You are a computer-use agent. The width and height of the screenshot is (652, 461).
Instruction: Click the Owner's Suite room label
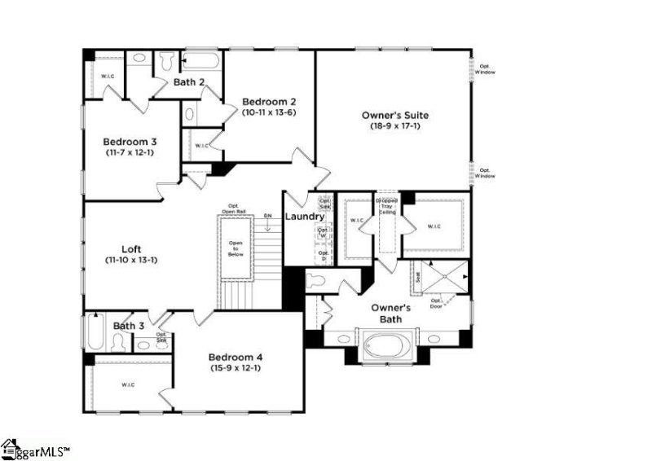pyautogui.click(x=395, y=115)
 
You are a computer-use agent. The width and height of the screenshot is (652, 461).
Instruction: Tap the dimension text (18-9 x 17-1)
pyautogui.click(x=395, y=127)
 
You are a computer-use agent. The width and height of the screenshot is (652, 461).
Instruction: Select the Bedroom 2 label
pyautogui.click(x=268, y=102)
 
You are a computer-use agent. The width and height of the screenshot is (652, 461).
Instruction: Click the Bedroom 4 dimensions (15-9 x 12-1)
pyautogui.click(x=235, y=368)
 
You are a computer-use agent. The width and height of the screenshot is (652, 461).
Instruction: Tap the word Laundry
pyautogui.click(x=304, y=217)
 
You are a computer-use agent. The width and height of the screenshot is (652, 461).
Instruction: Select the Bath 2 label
pyautogui.click(x=189, y=82)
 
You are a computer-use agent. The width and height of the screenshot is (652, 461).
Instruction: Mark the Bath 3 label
pyautogui.click(x=129, y=326)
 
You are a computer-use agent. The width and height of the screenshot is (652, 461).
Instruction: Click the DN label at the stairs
pyautogui.click(x=267, y=216)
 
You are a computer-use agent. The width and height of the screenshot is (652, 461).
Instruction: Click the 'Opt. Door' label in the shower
pyautogui.click(x=437, y=303)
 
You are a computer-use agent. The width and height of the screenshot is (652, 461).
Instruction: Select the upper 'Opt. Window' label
pyautogui.click(x=486, y=69)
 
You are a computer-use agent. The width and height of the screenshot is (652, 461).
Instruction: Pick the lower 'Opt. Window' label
pyautogui.click(x=486, y=173)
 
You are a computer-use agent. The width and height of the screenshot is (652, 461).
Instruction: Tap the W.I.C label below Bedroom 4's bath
pyautogui.click(x=128, y=384)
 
